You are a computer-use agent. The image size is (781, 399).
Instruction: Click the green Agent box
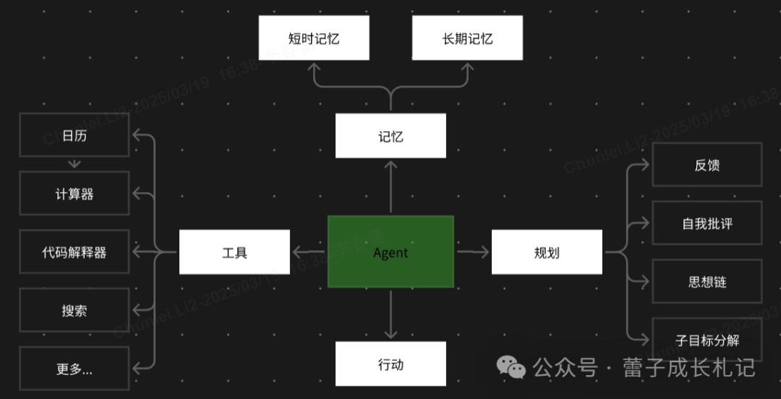point(390,252)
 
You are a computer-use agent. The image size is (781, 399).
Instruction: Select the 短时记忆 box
point(314,38)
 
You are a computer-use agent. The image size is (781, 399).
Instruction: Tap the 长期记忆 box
point(467,38)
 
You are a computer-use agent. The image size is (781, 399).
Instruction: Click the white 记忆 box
point(390,135)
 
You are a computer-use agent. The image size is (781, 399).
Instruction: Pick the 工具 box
point(234,252)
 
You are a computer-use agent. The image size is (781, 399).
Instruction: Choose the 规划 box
point(547,252)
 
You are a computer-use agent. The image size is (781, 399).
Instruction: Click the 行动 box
point(390,364)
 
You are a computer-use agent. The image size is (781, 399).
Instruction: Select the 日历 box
point(74,135)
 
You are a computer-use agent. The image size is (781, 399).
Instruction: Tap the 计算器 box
point(74,193)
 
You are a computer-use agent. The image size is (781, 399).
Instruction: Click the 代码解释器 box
point(74,252)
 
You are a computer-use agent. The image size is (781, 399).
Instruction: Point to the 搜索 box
point(74,310)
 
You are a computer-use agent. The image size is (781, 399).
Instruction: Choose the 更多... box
point(74,369)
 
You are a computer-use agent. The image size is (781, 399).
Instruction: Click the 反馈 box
point(707,164)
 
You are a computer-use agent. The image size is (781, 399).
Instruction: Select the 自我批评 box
point(707,223)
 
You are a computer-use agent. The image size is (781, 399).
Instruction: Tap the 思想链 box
point(707,281)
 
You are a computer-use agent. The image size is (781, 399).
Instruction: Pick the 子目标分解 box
point(707,339)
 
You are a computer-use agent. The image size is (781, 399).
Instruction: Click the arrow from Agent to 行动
point(390,315)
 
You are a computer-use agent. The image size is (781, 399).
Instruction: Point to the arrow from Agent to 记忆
point(390,187)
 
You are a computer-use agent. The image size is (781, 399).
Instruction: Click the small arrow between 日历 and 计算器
point(74,164)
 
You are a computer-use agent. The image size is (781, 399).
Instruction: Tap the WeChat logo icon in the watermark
point(512,367)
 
